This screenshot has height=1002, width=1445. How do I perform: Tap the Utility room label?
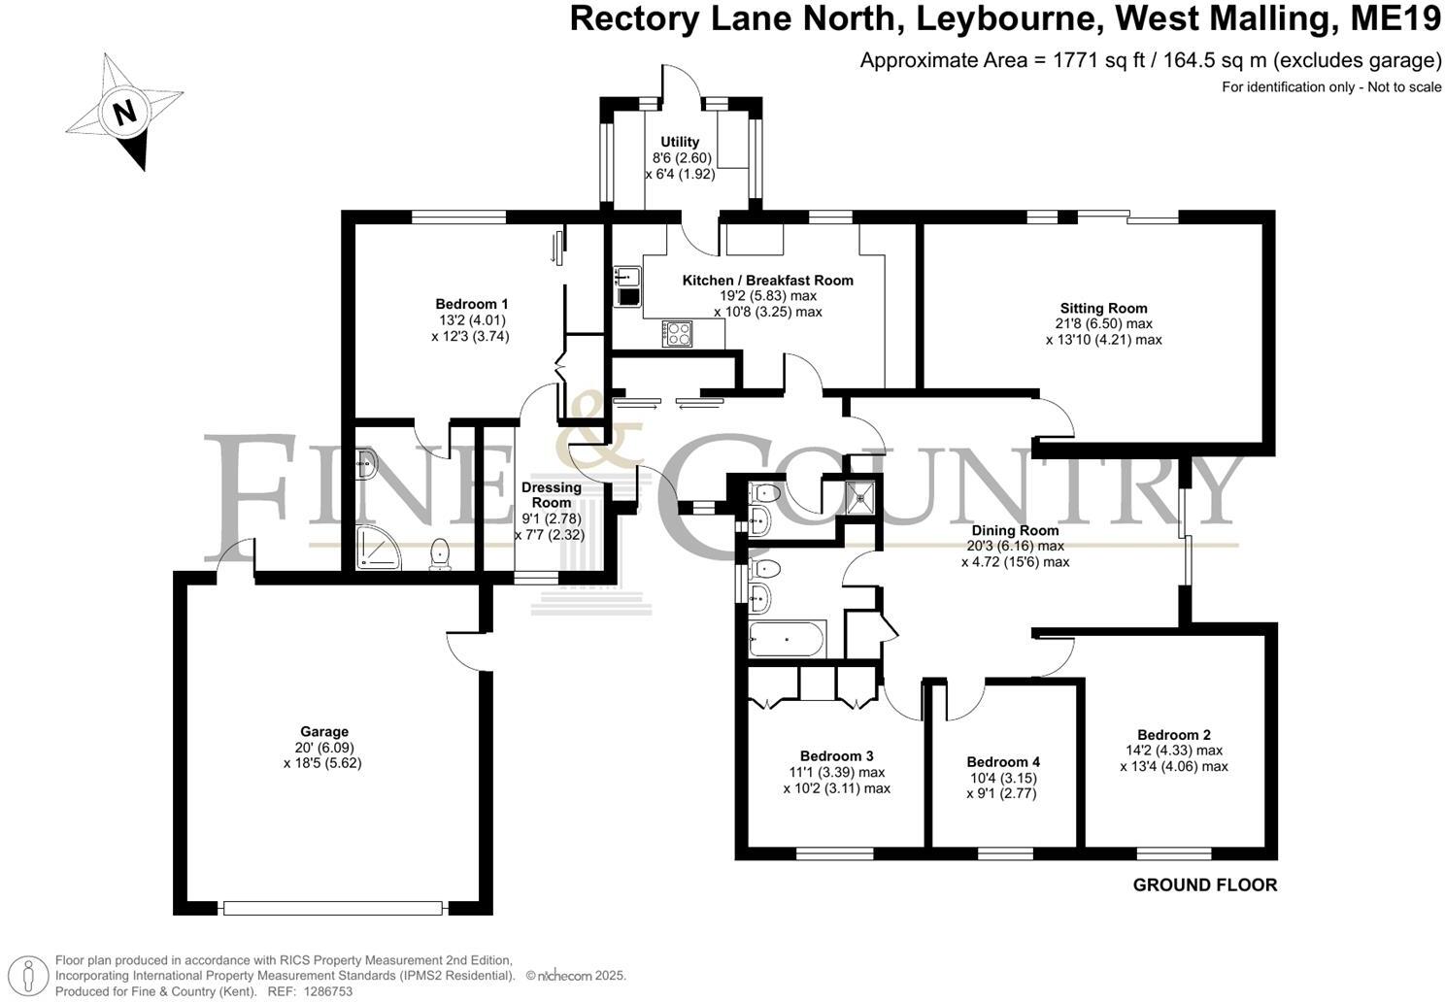(x=680, y=142)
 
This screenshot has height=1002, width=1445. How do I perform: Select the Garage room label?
(x=324, y=732)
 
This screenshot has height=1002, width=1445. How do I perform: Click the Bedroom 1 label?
(x=472, y=303)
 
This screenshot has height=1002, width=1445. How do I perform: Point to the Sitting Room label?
(x=1103, y=309)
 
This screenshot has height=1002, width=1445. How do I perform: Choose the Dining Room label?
(x=1016, y=531)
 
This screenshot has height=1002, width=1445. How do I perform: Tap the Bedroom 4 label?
(x=1003, y=762)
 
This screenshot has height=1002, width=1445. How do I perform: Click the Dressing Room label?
(x=552, y=495)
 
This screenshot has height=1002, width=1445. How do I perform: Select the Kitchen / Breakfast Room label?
(x=767, y=281)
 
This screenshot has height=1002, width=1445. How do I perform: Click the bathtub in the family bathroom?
(x=787, y=641)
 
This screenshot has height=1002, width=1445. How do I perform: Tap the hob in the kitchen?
(x=677, y=333)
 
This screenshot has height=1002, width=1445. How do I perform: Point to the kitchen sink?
(x=626, y=286)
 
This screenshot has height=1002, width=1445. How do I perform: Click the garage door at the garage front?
(x=333, y=909)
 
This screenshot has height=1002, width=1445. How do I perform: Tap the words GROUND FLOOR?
(x=1204, y=885)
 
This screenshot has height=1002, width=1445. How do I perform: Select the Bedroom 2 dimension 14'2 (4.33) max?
(x=1173, y=751)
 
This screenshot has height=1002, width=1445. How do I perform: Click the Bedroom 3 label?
(x=836, y=756)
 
